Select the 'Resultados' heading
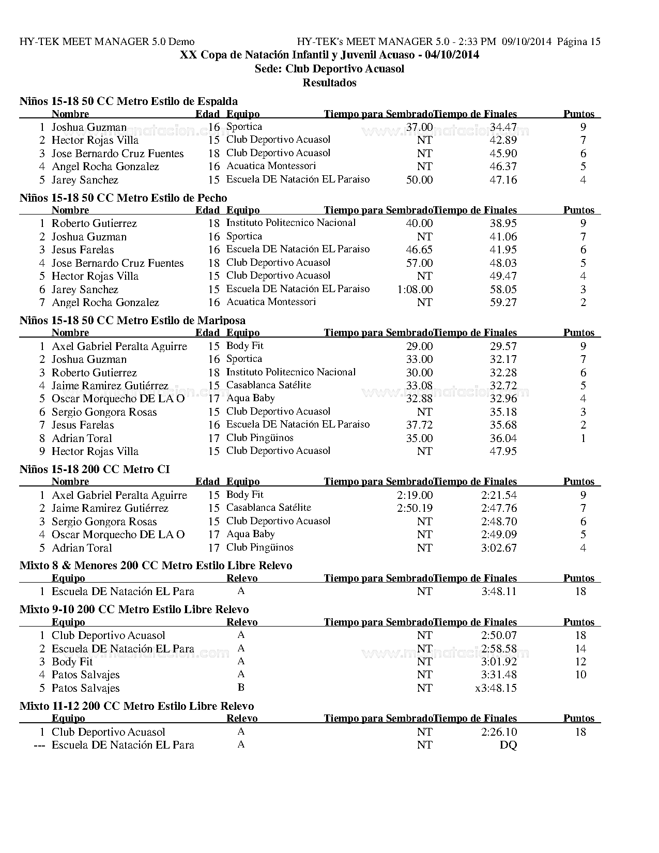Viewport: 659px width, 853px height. [x=329, y=83]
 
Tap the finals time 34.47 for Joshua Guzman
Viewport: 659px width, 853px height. [x=503, y=127]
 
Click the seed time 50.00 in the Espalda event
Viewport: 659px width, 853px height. [x=419, y=180]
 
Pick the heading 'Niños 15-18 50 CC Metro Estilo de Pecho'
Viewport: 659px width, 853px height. [x=123, y=198]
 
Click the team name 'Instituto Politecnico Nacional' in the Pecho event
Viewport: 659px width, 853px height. [x=291, y=223]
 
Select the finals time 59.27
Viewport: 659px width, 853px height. [x=503, y=302]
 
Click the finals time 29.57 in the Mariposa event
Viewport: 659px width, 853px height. [x=503, y=346]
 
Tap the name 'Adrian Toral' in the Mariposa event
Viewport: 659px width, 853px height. [x=82, y=438]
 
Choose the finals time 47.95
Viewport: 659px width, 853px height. [x=503, y=451]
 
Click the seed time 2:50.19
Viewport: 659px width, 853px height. [x=415, y=508]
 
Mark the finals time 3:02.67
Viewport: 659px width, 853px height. [x=499, y=548]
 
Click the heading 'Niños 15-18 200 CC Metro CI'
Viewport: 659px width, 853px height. [x=95, y=469]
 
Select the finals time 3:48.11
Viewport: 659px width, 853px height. [x=499, y=591]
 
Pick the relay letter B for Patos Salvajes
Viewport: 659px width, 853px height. [x=241, y=688]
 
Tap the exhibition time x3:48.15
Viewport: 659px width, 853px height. [x=496, y=688]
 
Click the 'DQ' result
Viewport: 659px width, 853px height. [x=508, y=745]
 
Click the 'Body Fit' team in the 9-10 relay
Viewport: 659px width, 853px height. [x=72, y=662]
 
